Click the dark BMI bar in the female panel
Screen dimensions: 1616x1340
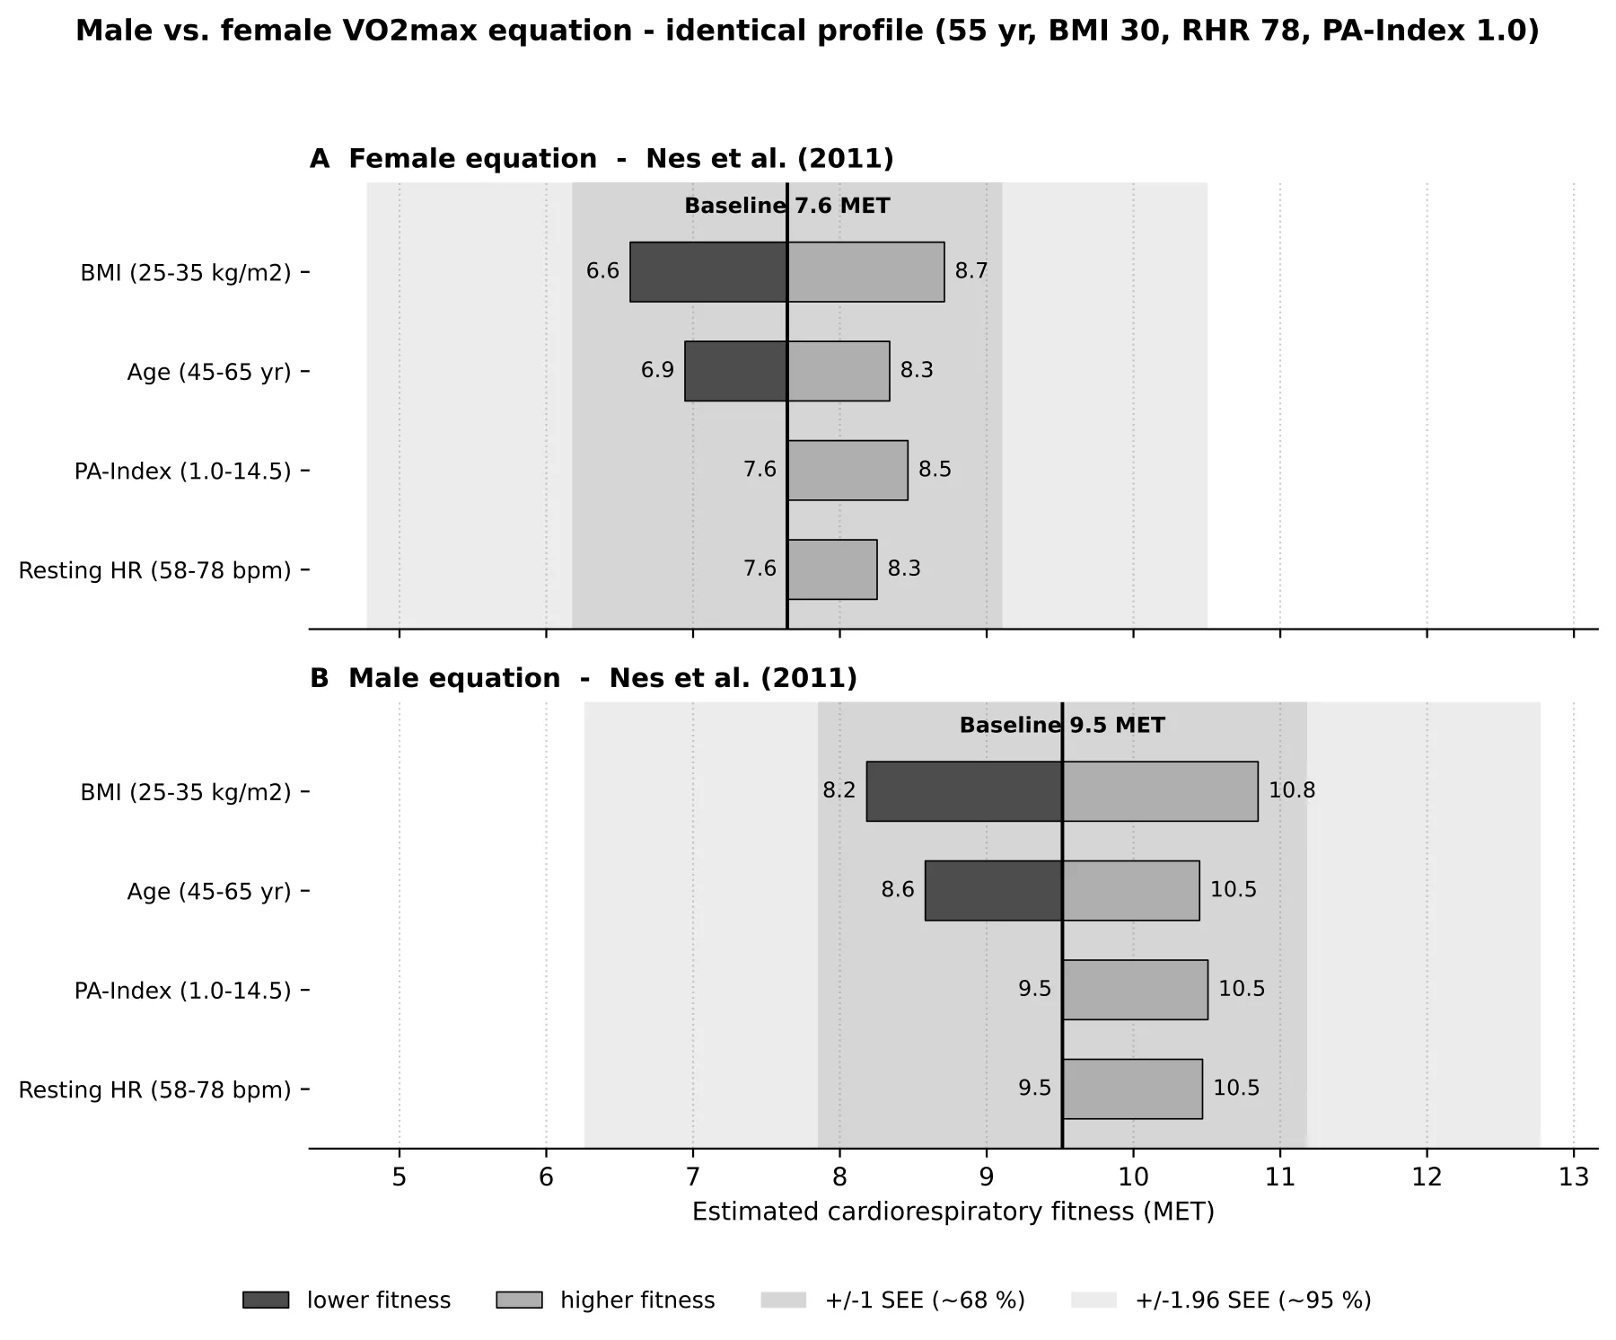[708, 271]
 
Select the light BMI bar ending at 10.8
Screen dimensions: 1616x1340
[1160, 791]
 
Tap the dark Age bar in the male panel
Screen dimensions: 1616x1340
[994, 890]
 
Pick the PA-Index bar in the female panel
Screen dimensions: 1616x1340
[848, 470]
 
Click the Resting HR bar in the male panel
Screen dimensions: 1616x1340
[1132, 1089]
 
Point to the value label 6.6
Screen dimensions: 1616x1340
[602, 271]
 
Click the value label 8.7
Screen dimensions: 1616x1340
[971, 271]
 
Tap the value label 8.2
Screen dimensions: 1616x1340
[839, 790]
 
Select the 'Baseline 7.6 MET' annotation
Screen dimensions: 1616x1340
[787, 206]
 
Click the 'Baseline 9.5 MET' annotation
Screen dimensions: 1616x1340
[1062, 725]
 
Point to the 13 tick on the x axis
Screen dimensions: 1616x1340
[1574, 1154]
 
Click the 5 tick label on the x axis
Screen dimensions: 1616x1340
[400, 1177]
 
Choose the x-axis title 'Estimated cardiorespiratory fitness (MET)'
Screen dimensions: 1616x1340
[953, 1212]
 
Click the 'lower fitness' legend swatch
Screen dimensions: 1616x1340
[266, 1300]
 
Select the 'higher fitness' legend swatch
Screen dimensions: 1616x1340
[519, 1300]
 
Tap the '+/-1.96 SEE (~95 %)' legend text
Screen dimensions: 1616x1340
[1253, 1300]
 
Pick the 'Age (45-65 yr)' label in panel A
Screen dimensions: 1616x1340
[209, 372]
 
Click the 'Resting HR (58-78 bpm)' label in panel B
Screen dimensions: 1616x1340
[155, 1089]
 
